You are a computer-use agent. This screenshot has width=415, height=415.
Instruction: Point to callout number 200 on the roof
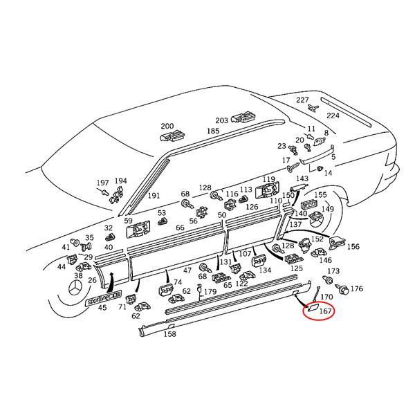point(167,127)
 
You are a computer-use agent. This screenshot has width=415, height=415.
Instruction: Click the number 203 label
point(221,120)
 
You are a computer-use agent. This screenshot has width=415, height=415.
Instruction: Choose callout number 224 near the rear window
point(333,116)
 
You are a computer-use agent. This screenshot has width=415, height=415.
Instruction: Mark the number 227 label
point(303,100)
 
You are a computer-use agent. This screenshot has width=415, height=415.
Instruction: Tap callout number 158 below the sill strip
point(169,334)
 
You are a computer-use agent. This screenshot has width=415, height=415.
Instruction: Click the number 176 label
point(357,288)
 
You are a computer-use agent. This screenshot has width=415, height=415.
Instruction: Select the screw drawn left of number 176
point(340,287)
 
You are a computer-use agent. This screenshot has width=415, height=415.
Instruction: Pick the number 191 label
point(154,196)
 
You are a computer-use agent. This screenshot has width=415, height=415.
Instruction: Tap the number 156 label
point(353,246)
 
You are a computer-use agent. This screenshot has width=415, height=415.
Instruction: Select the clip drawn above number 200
point(174,136)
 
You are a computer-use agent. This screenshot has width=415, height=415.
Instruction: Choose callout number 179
point(210,291)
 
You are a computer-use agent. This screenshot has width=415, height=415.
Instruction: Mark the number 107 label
point(245,254)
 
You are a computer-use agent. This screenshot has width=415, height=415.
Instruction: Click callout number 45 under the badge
point(102,308)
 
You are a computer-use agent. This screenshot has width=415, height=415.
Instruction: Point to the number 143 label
point(302,178)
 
